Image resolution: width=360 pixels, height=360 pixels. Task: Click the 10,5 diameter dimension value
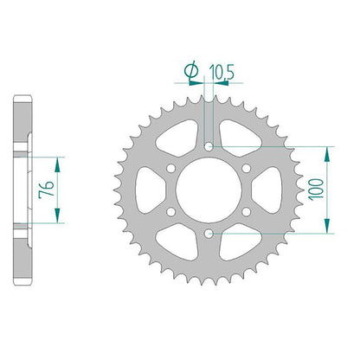[x=222, y=72]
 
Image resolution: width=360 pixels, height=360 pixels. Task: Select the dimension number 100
[x=316, y=190]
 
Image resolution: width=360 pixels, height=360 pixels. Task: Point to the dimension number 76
[x=46, y=190]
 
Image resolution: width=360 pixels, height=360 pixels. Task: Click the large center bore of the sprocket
[x=209, y=190]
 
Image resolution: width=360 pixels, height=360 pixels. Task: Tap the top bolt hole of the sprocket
[x=209, y=146]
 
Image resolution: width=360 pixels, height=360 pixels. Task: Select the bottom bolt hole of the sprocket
[x=209, y=234]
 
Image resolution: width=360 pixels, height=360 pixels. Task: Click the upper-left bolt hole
[x=171, y=168]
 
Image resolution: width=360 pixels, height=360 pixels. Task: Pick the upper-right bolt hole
[x=246, y=168]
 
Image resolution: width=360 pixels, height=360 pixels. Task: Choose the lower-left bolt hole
[x=171, y=212]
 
